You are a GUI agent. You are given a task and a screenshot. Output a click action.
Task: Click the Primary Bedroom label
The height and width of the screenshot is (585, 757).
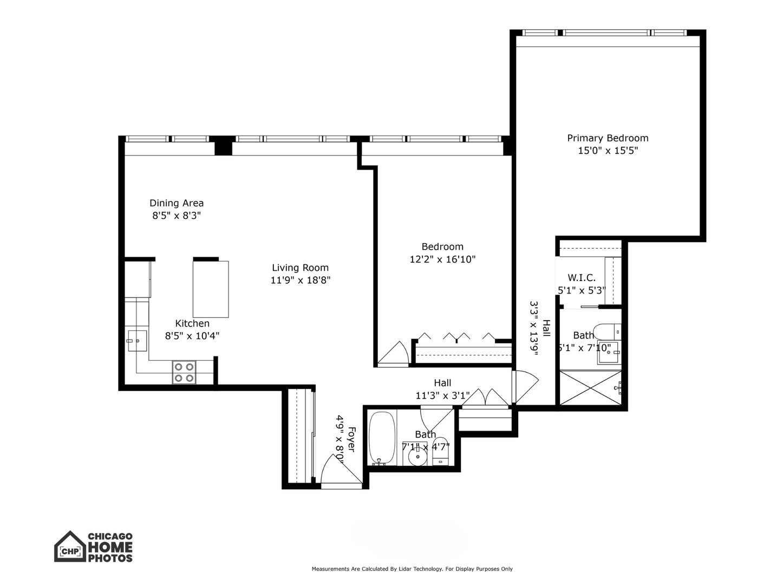pos(608,138)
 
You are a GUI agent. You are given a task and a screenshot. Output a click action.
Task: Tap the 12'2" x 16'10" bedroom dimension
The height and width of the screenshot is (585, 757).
pos(442,259)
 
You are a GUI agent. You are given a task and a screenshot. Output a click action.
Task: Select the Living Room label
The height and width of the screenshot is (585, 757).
pos(300,268)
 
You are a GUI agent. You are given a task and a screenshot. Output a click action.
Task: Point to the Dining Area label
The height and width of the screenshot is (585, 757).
pos(177,203)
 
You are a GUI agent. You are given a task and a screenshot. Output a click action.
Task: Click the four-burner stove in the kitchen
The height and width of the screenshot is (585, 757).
pos(184,373)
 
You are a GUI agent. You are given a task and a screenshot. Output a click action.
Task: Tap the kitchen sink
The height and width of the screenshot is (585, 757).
pos(138,341)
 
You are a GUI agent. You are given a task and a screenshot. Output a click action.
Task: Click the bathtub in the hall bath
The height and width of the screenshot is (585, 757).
pos(382,438)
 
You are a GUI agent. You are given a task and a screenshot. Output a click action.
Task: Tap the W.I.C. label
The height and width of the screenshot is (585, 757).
pos(582,278)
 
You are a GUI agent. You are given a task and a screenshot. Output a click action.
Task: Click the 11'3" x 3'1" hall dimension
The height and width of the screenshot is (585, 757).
pos(442,395)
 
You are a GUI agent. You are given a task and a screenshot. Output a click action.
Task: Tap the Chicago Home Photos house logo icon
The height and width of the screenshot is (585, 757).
pos(70,547)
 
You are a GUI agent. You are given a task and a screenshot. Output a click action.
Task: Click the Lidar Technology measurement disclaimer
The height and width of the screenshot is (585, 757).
pos(412,569)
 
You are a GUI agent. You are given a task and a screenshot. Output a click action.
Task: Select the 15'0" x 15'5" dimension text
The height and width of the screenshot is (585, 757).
pos(608,151)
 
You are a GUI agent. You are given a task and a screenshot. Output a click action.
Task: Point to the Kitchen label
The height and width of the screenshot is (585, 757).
pos(192,323)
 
